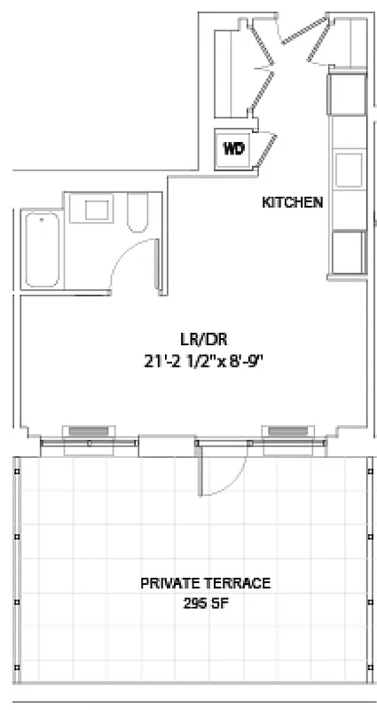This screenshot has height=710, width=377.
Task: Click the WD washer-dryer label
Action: (233, 148)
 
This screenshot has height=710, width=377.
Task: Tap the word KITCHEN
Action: (292, 202)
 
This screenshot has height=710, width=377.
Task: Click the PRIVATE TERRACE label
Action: (205, 583)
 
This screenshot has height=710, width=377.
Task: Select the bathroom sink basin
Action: (97, 209)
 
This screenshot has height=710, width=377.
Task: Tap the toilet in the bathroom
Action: (138, 214)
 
